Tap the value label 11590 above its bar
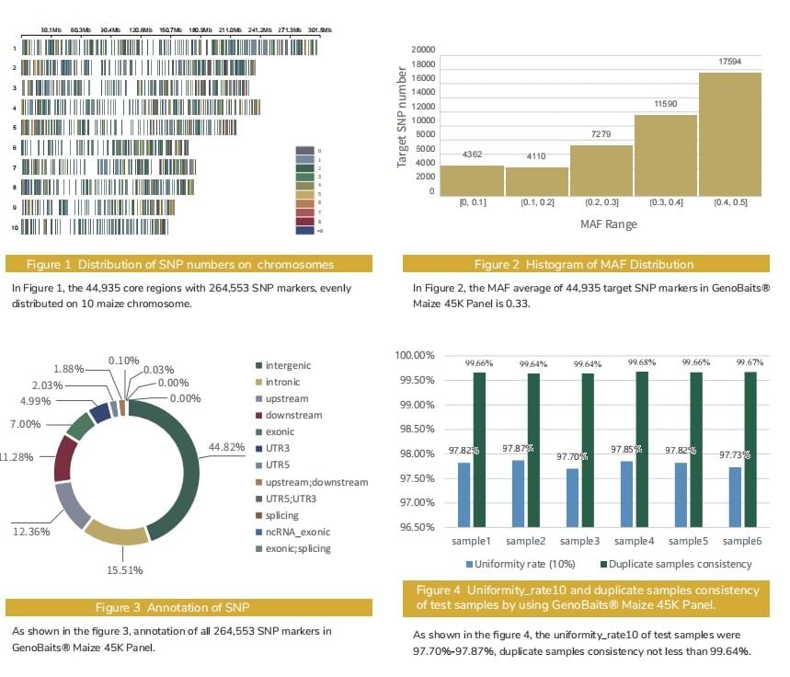pos(665,105)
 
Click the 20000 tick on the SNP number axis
pos(423,50)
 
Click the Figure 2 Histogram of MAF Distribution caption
pos(584,265)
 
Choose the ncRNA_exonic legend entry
pos(292,532)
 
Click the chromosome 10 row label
pos(15,224)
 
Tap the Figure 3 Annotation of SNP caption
pos(189,607)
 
